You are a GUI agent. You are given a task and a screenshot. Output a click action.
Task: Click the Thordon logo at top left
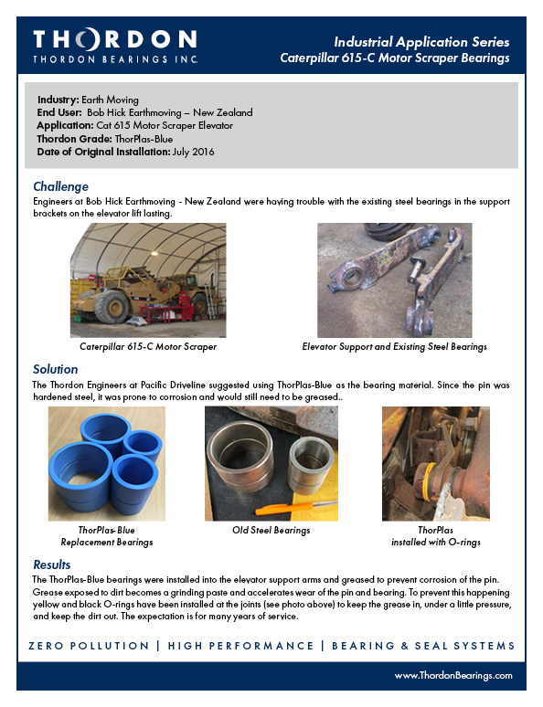point(115,46)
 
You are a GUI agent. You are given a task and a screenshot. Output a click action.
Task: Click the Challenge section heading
point(61,186)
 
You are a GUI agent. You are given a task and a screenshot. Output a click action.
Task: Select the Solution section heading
point(56,369)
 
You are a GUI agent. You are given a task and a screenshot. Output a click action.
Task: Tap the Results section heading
point(52,565)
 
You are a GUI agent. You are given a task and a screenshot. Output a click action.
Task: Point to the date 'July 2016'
point(193,152)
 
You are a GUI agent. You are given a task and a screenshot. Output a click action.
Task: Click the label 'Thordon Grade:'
point(74,139)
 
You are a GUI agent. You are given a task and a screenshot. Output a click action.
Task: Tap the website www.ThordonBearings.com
point(453,675)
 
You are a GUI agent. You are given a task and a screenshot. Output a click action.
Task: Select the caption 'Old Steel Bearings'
point(271,530)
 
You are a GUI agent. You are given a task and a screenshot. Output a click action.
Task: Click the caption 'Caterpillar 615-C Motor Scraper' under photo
point(148,347)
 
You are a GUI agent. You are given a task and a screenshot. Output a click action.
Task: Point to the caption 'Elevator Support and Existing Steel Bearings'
point(395,347)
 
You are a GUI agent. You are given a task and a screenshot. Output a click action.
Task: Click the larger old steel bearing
point(240,456)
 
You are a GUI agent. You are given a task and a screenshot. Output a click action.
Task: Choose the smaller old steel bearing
point(311,465)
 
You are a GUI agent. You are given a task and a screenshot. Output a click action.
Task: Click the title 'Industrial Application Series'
point(421,42)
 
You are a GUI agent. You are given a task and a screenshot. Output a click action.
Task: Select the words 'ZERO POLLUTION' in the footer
point(89,646)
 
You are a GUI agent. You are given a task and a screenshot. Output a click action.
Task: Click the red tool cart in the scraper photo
point(186,305)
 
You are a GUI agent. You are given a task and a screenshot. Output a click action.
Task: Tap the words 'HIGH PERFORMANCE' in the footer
point(240,646)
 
